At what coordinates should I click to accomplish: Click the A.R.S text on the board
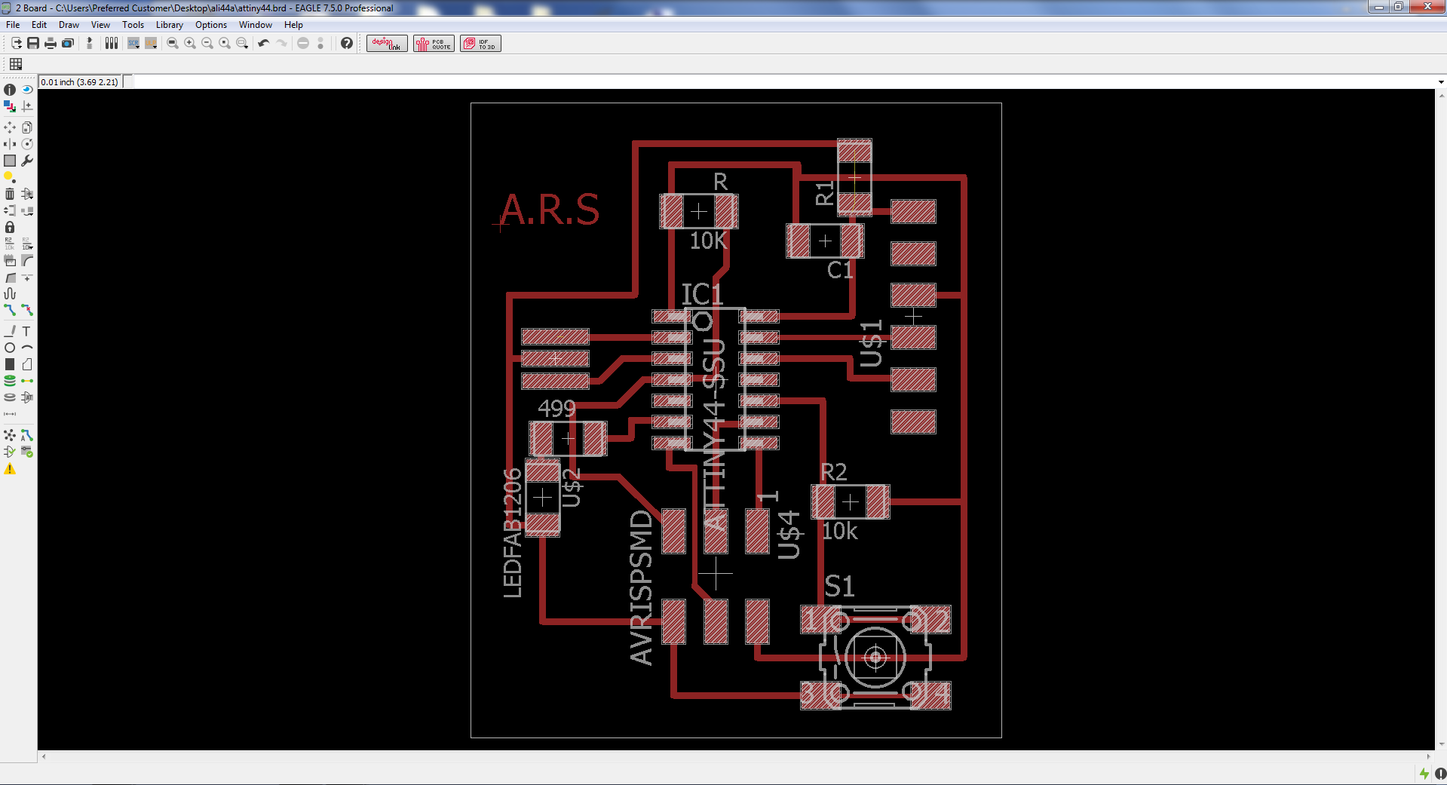coord(550,210)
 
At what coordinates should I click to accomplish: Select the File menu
coord(13,25)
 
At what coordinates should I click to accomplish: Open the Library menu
coord(169,25)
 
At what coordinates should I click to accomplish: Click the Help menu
coord(293,25)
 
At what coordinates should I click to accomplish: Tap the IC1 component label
coord(702,294)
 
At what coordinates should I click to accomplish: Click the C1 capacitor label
coord(840,270)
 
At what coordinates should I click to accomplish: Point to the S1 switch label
coord(839,586)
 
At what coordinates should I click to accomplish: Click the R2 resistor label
coord(833,472)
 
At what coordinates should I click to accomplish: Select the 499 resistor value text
coord(556,408)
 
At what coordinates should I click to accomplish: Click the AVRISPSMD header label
coord(641,587)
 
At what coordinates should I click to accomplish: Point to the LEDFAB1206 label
coord(513,532)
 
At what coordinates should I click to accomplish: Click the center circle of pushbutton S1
coord(875,658)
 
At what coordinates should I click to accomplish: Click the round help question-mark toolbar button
coord(346,43)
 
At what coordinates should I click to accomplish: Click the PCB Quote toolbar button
coord(434,43)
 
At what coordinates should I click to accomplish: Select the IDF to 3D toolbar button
coord(480,43)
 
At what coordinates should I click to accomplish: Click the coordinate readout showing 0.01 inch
coord(80,82)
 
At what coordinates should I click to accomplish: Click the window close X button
coord(1427,7)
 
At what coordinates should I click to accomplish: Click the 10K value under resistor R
coord(708,241)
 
